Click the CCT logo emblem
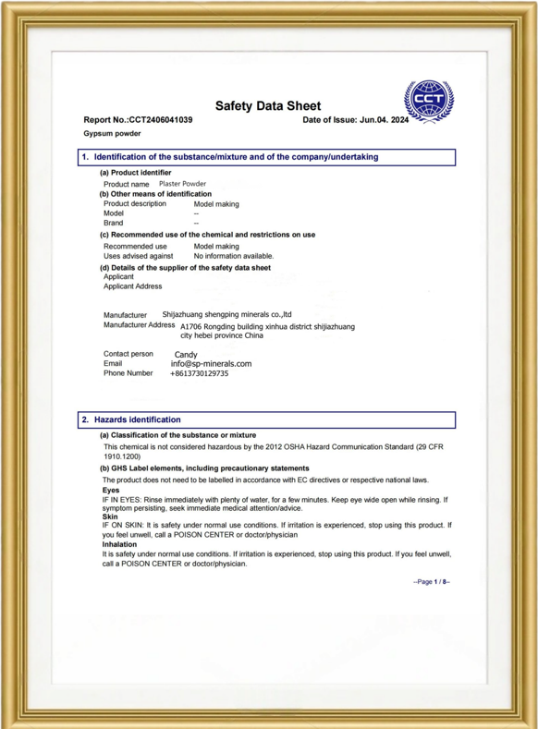pos(430,99)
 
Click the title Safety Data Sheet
pos(268,106)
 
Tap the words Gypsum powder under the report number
pos(112,134)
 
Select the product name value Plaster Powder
pos(182,184)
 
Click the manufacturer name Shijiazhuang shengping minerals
pos(226,314)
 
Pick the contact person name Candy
pos(185,354)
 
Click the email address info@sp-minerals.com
pos(211,364)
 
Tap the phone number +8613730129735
pos(199,373)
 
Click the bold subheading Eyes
pos(111,490)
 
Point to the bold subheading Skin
pos(110,516)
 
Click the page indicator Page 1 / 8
pos(431,582)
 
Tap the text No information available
pos(233,256)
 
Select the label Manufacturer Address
pos(139,325)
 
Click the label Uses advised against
pos(138,256)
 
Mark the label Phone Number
pos(128,373)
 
